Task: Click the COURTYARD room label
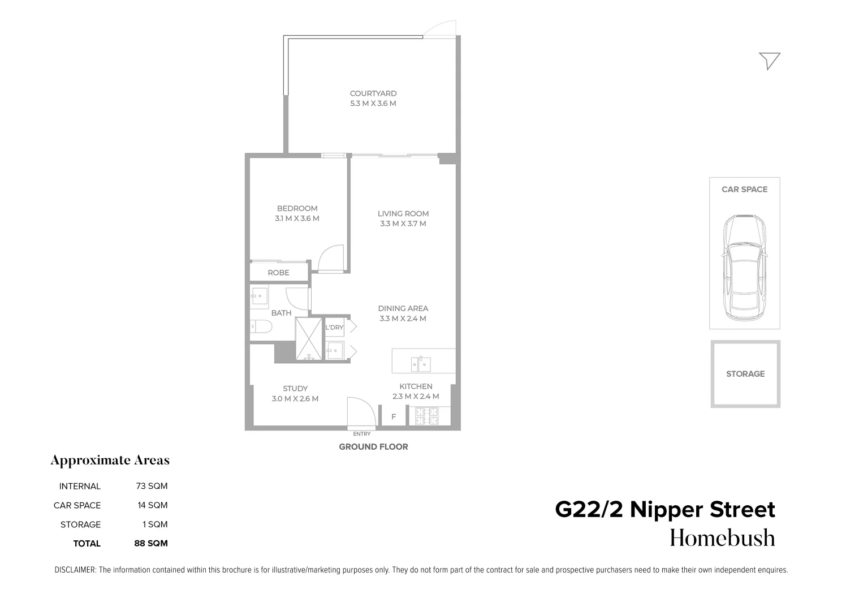click(x=373, y=93)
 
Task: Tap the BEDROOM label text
click(x=297, y=208)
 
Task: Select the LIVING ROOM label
click(x=403, y=213)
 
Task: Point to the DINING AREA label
click(x=403, y=308)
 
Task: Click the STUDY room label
click(x=295, y=389)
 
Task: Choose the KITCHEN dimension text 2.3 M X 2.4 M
click(x=416, y=397)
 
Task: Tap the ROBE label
click(x=278, y=273)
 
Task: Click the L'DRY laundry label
click(x=334, y=328)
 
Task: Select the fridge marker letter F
click(x=394, y=417)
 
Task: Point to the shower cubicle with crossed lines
click(x=308, y=339)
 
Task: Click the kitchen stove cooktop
click(x=428, y=416)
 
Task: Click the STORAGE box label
click(x=745, y=374)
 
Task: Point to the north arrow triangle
click(x=770, y=60)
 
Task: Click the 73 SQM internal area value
click(x=152, y=486)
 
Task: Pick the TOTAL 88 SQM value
click(x=151, y=544)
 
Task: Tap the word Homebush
click(x=722, y=538)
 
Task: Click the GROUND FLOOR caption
click(x=373, y=447)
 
